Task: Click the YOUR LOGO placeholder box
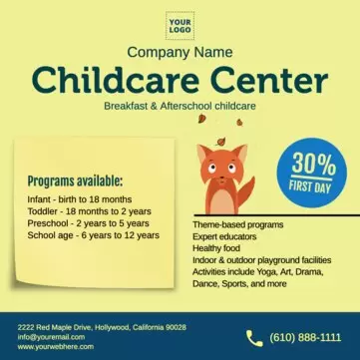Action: click(180, 25)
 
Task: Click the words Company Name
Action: click(180, 52)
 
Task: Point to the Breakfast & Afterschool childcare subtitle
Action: click(180, 105)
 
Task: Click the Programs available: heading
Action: click(75, 181)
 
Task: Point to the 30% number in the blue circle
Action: click(313, 164)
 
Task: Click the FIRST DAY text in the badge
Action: click(313, 187)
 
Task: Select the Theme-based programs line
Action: click(237, 226)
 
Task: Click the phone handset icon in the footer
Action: click(254, 338)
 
